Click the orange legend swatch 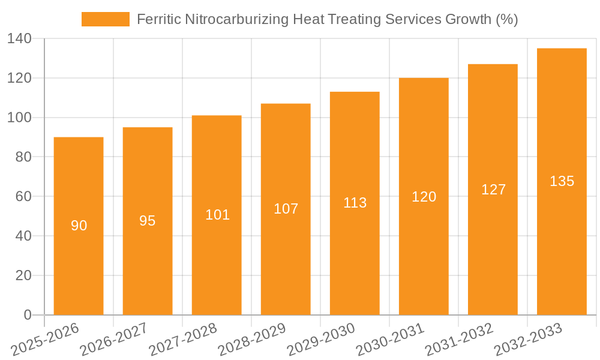[105, 19]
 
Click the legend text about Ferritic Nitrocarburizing [327, 19]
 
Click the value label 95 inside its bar [148, 221]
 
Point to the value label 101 [217, 215]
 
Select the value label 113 [355, 203]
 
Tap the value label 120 [424, 197]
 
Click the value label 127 [493, 190]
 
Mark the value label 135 [562, 181]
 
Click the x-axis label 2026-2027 [113, 340]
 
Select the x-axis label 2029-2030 [320, 340]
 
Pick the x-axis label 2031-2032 [458, 340]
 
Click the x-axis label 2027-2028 [182, 340]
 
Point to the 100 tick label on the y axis [20, 118]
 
